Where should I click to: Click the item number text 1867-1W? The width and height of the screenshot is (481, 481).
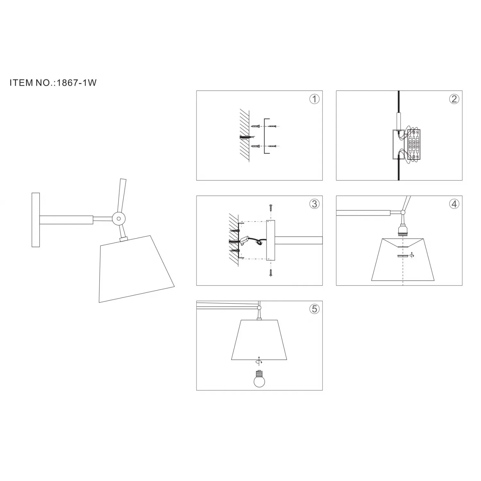(76, 83)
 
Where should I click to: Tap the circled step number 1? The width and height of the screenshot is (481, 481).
(314, 99)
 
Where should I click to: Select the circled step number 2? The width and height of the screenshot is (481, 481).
(454, 99)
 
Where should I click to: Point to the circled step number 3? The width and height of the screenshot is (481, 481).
(314, 204)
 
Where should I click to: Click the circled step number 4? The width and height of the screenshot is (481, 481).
(454, 204)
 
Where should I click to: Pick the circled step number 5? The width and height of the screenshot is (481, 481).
(314, 309)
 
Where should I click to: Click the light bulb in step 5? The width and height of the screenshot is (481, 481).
(259, 379)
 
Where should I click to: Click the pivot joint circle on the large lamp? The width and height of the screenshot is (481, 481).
(119, 219)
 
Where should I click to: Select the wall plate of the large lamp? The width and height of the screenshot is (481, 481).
(36, 220)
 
